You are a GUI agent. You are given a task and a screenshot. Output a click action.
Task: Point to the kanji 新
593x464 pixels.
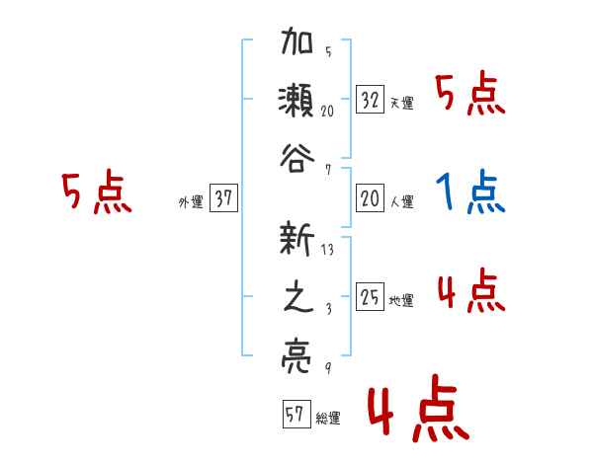coord(297,241)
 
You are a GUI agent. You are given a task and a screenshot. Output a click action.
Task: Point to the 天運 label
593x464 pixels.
coord(401,103)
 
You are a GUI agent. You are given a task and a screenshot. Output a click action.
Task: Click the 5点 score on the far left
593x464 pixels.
coord(96,193)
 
